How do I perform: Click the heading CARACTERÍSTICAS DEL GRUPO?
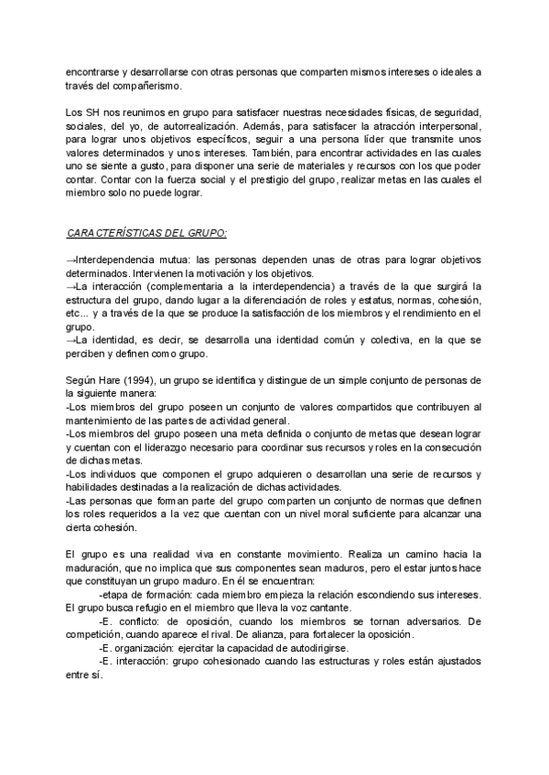click(x=147, y=233)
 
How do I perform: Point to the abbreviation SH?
click(x=92, y=111)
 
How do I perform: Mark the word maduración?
click(x=96, y=568)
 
